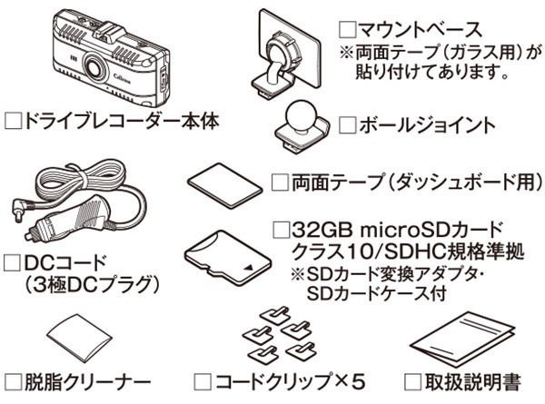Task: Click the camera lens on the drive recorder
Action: click(94, 65)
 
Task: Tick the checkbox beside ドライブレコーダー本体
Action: click(14, 122)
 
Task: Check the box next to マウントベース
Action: click(348, 30)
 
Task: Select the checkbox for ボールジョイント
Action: click(348, 124)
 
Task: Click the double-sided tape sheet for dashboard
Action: click(225, 185)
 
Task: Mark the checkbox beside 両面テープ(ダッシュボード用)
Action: click(280, 182)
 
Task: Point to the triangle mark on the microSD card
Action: click(249, 267)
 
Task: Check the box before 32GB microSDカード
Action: click(282, 230)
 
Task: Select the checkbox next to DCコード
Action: click(12, 263)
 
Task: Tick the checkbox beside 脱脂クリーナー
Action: click(14, 382)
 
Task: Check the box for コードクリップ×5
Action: click(203, 382)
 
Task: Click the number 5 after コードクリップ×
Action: click(359, 382)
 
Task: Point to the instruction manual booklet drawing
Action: click(462, 340)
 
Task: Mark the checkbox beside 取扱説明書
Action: click(413, 382)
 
